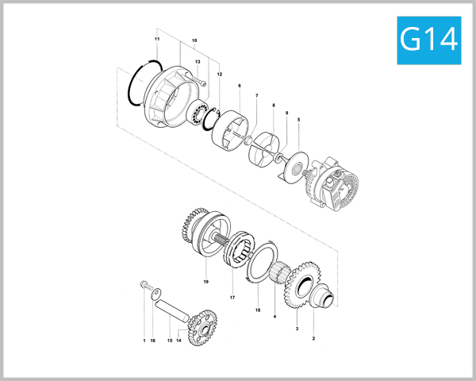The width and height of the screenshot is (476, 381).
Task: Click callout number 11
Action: tap(157, 39)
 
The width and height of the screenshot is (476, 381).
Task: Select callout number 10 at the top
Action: tap(194, 40)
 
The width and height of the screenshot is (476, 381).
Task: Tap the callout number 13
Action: tap(198, 62)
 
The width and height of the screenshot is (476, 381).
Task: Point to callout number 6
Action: tap(239, 85)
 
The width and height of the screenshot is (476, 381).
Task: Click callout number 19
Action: tap(205, 281)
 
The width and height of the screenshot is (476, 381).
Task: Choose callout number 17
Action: tap(232, 298)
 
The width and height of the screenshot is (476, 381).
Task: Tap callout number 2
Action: tap(313, 339)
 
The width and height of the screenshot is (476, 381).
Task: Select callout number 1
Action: tap(144, 340)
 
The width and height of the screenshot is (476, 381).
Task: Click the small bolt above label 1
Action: tap(144, 285)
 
